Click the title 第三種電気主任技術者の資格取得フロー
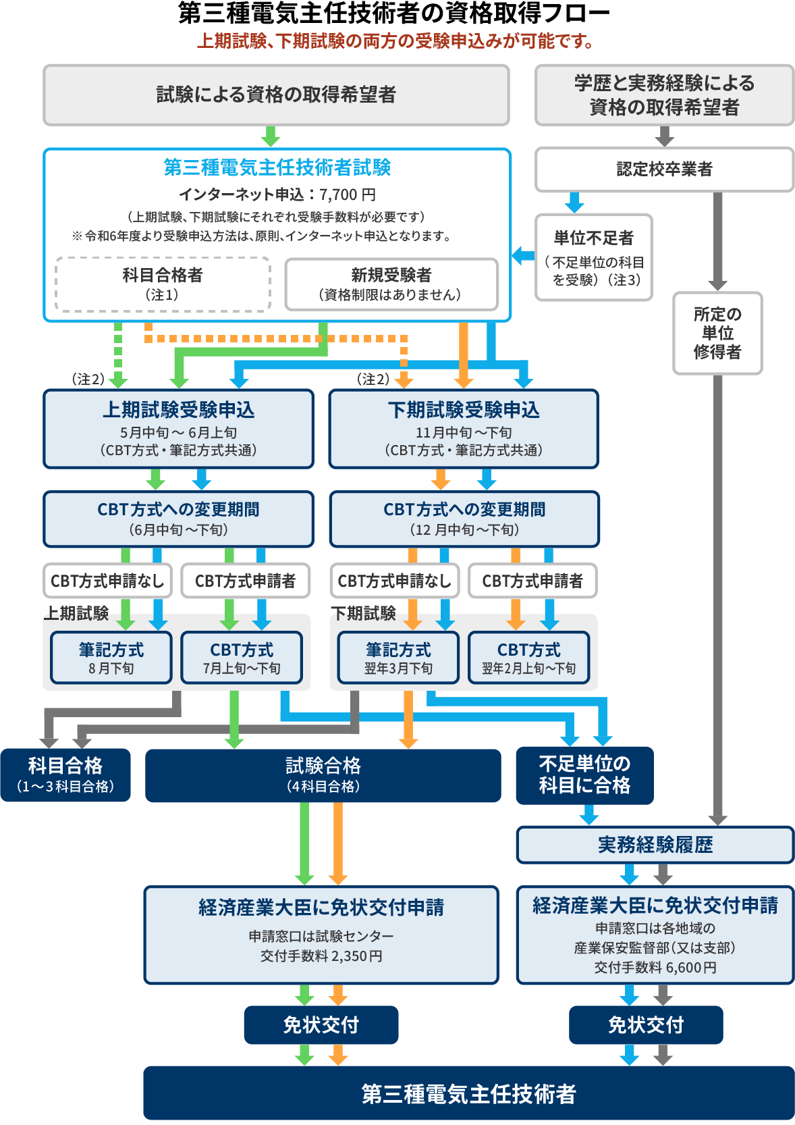pyautogui.click(x=393, y=14)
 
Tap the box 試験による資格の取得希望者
pyautogui.click(x=276, y=95)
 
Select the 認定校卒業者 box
pyautogui.click(x=664, y=169)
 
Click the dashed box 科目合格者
pyautogui.click(x=163, y=284)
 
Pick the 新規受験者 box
pyautogui.click(x=391, y=284)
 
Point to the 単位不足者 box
pyautogui.click(x=593, y=257)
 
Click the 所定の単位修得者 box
pyautogui.click(x=717, y=333)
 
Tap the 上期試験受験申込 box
pyautogui.click(x=178, y=429)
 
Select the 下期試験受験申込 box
pyautogui.click(x=464, y=429)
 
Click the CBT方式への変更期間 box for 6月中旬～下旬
pyautogui.click(x=178, y=519)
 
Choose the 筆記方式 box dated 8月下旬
pyautogui.click(x=111, y=658)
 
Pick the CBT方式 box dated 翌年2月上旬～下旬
pyautogui.click(x=528, y=658)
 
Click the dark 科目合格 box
pyautogui.click(x=65, y=775)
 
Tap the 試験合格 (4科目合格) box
pyautogui.click(x=323, y=775)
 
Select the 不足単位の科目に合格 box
pyautogui.click(x=584, y=775)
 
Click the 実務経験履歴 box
pyautogui.click(x=655, y=845)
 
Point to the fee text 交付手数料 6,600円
pyautogui.click(x=655, y=968)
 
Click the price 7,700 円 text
pyautogui.click(x=348, y=194)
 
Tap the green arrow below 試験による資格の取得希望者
pyautogui.click(x=271, y=136)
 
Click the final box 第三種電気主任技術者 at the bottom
pyautogui.click(x=468, y=1093)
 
